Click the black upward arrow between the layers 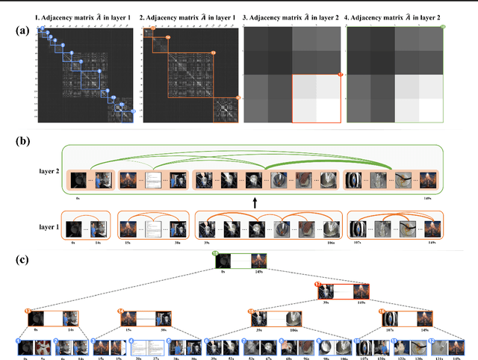(255, 202)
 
